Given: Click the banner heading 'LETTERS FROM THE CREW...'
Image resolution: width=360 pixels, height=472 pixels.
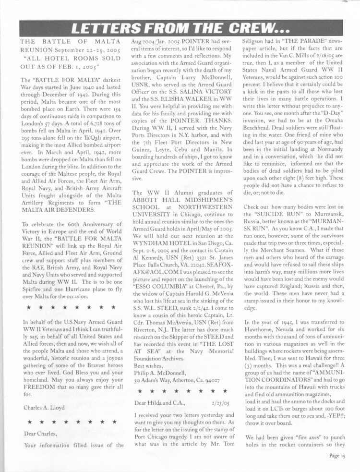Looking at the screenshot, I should click(180, 28).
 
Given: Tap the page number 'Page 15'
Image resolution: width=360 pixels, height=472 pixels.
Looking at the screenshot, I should click(337, 456).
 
